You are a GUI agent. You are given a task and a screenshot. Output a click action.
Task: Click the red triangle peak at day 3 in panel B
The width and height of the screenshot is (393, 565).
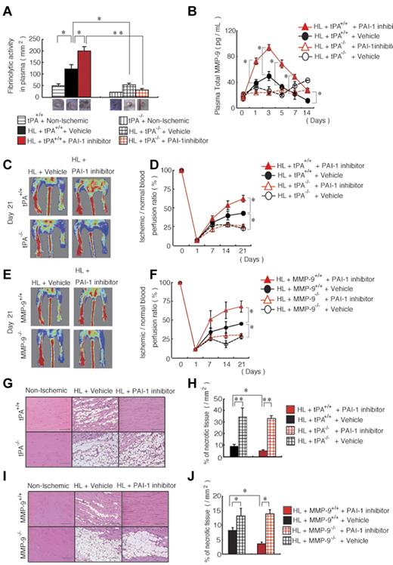(x=268, y=48)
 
